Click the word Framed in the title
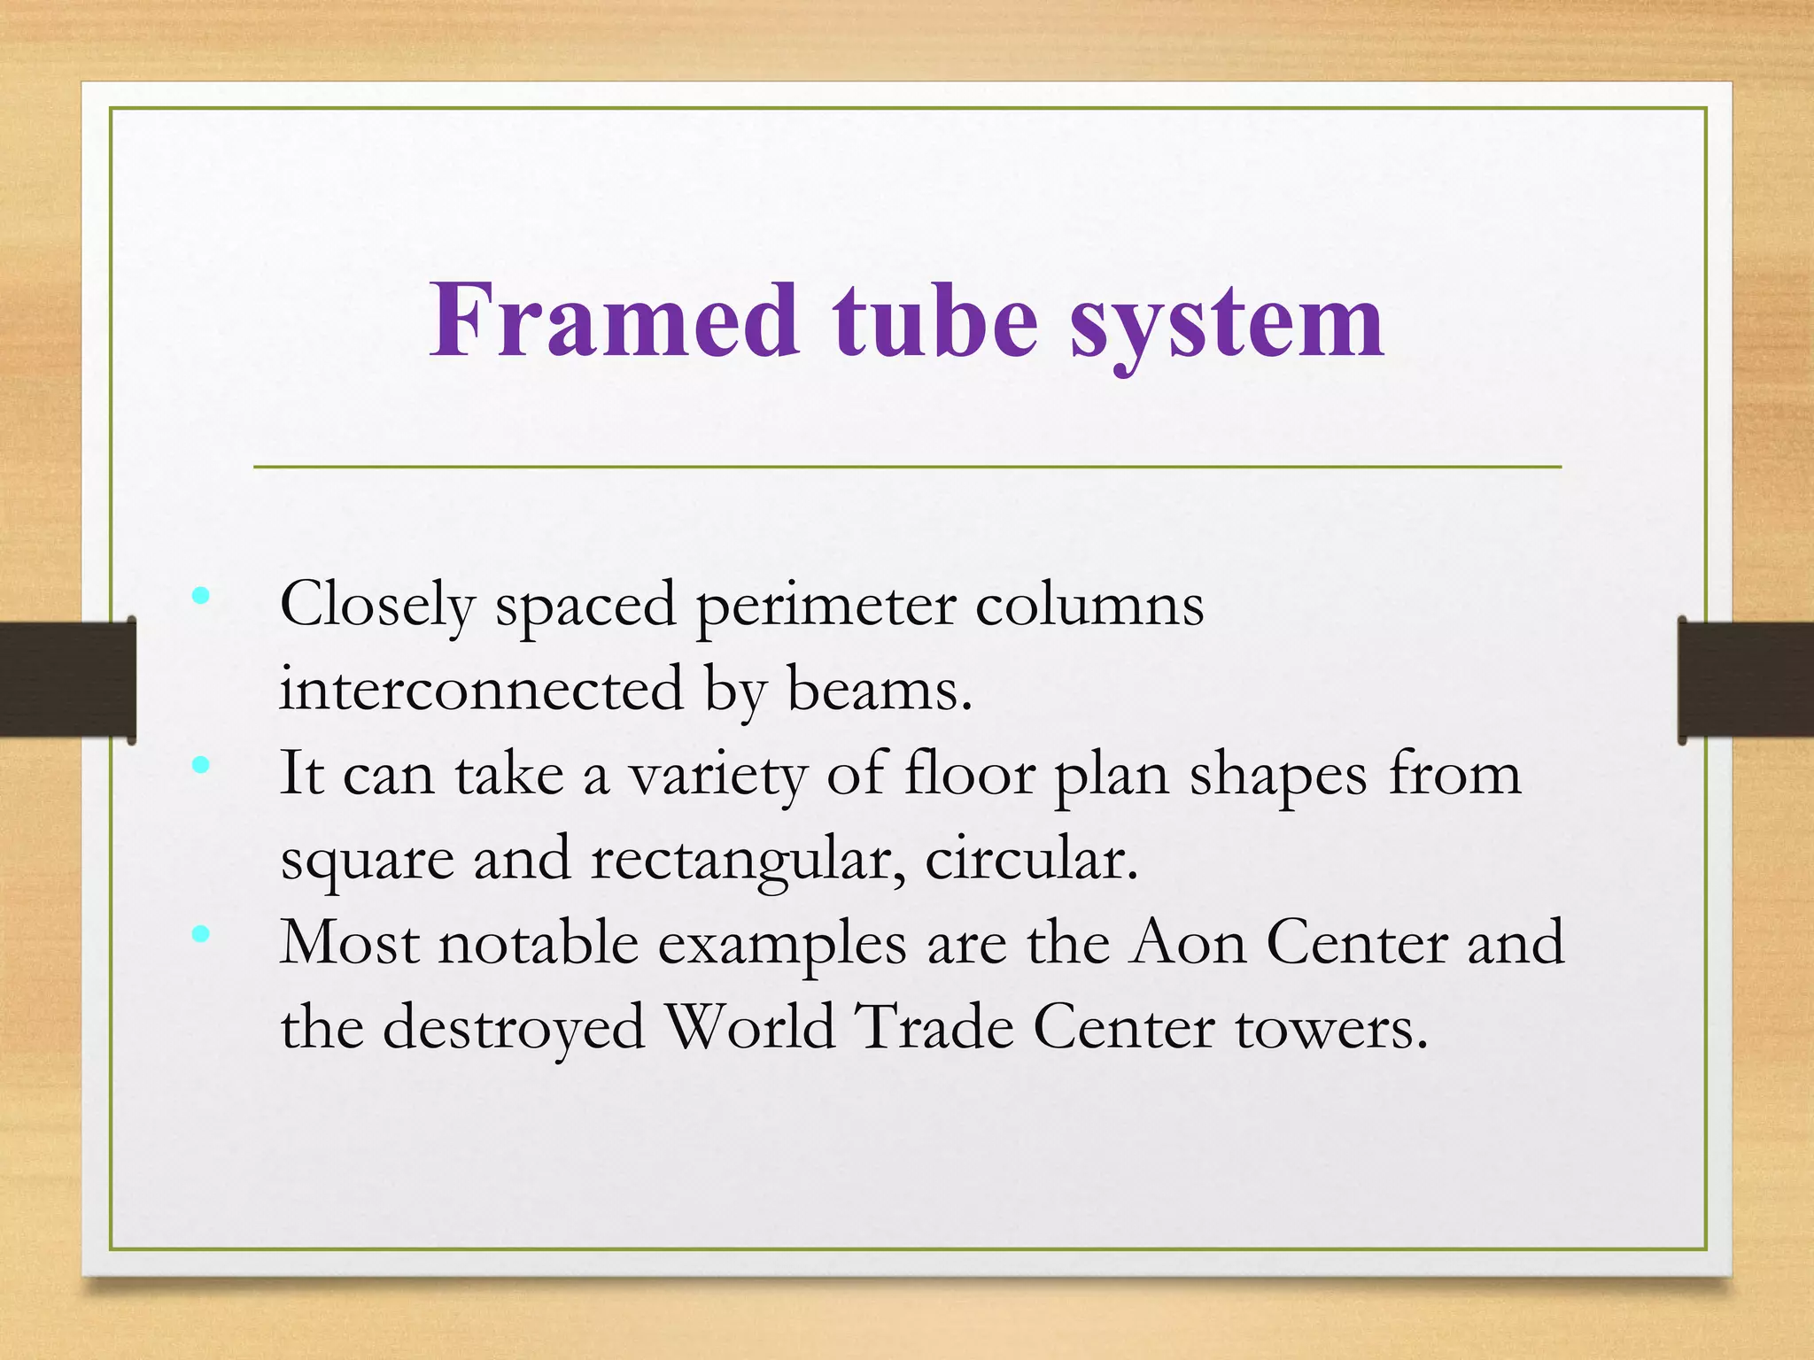coord(615,321)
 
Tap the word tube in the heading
coord(934,321)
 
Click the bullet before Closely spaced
coord(201,596)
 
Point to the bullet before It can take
coord(201,764)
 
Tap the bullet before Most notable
coord(201,933)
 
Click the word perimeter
coord(826,607)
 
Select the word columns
coord(1089,606)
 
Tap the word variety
coord(717,776)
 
